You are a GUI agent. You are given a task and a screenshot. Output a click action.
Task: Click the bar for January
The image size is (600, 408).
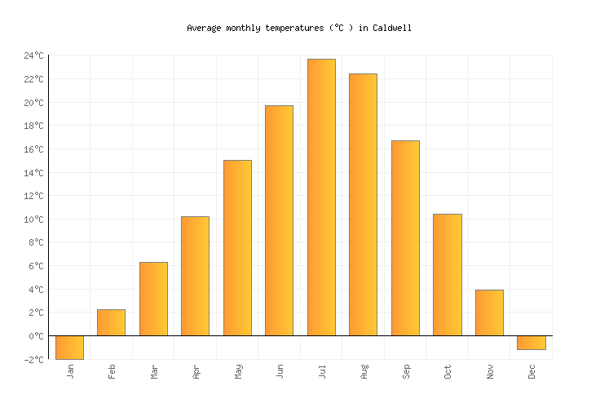pos(69,348)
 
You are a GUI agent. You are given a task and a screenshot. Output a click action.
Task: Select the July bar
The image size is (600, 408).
pos(321,197)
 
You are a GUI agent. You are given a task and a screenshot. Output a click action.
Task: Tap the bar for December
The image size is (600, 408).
pos(531,343)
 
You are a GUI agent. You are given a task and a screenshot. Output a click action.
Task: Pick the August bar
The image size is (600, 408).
pos(363,205)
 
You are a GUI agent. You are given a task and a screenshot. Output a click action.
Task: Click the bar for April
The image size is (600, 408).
pos(195,276)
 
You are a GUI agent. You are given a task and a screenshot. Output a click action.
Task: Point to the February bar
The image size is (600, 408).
pos(111,322)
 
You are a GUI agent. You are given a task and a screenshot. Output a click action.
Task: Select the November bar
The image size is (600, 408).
pos(489,313)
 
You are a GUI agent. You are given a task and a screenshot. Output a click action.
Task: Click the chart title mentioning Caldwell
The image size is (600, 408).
pos(299,28)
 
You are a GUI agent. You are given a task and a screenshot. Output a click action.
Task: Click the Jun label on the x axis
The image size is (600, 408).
pos(280,371)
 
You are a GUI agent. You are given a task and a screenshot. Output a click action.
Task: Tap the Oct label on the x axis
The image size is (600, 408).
pos(448,371)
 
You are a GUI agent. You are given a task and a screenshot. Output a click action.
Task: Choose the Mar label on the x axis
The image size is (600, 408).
pos(154,371)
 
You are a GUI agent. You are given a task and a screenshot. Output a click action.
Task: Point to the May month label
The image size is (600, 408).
pos(238,371)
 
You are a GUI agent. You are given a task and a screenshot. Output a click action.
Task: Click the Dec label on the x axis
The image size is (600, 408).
pos(532,371)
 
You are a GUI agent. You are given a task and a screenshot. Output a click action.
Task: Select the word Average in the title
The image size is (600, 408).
pos(204,28)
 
